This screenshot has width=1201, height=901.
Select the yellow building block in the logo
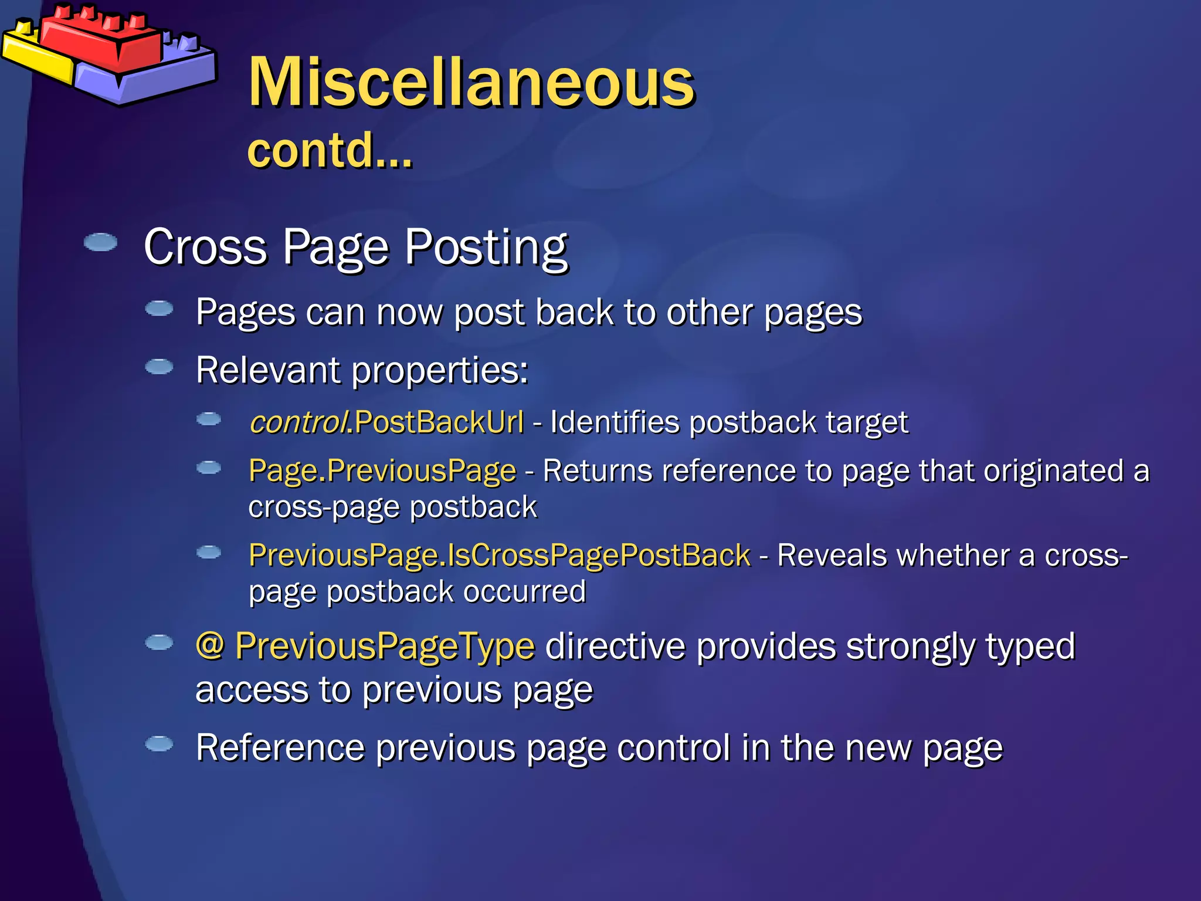tap(35, 56)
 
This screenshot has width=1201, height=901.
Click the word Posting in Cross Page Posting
tap(486, 247)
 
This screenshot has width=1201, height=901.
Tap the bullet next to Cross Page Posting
tap(100, 242)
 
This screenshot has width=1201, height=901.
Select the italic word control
tap(297, 422)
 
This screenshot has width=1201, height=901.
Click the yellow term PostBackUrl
tap(439, 422)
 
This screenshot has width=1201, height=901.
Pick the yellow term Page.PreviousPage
tap(382, 470)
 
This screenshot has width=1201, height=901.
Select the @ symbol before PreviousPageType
tap(210, 646)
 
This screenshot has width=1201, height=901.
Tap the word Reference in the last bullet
tap(280, 747)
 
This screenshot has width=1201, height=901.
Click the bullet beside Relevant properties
tap(159, 367)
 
